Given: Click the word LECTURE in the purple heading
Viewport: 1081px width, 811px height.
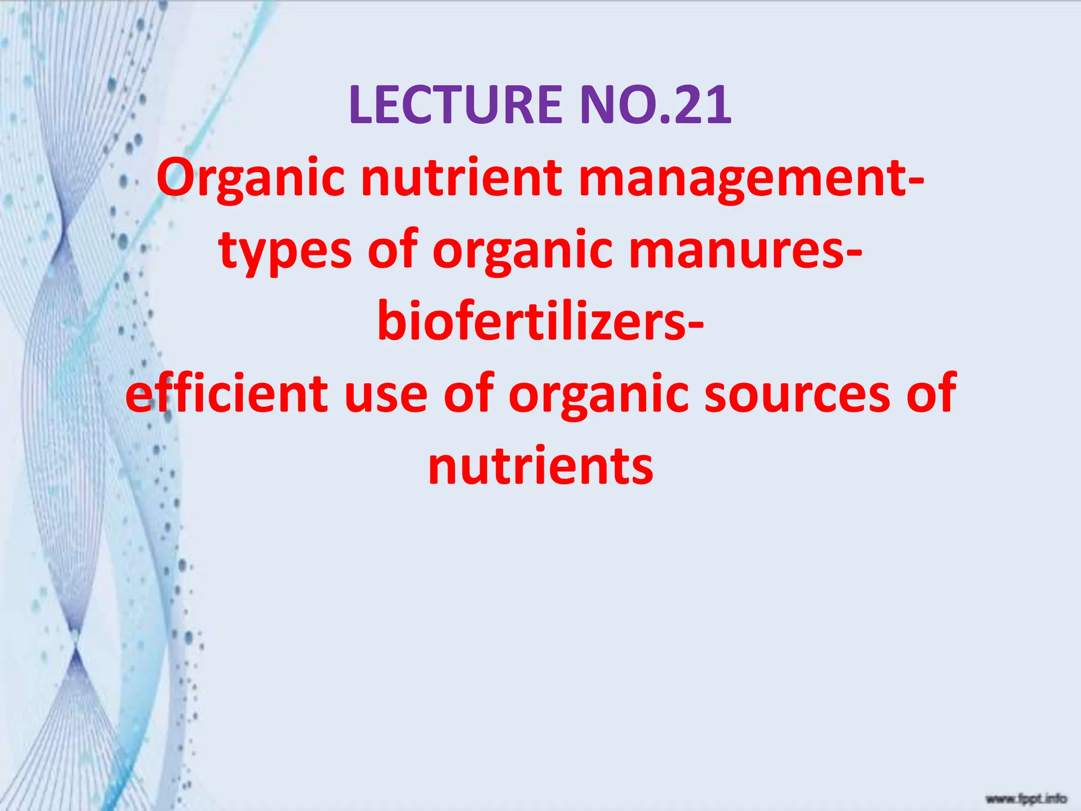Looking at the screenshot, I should point(456,105).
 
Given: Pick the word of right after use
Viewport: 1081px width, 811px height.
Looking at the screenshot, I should point(469,393).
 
